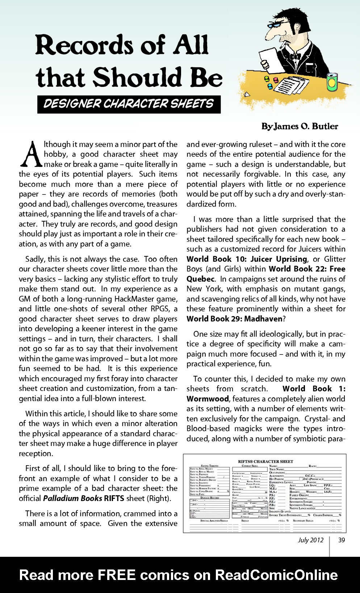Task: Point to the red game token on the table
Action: click(276, 80)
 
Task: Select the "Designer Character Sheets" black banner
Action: click(129, 104)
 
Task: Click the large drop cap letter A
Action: click(30, 155)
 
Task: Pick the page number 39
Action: click(341, 540)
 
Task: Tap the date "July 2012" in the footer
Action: click(311, 540)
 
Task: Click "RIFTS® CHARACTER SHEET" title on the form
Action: click(265, 462)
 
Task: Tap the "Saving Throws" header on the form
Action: click(209, 466)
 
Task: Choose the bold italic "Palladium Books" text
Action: click(72, 498)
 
